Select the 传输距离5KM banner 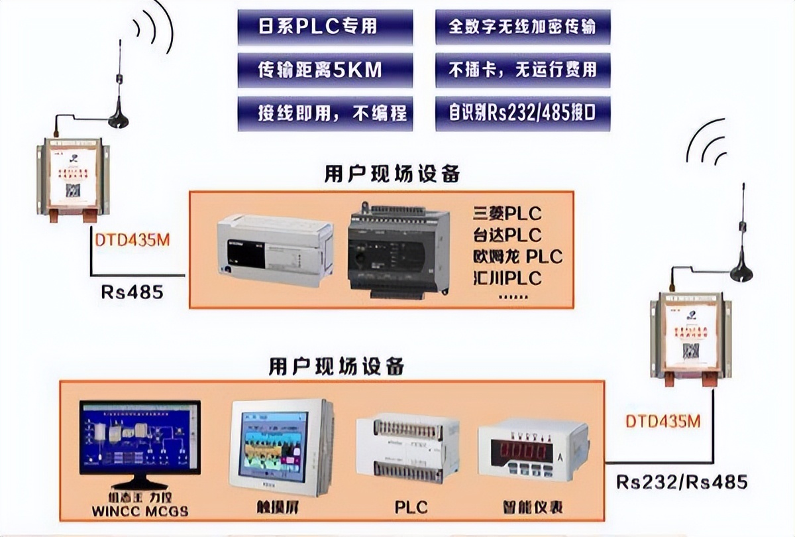click(x=324, y=70)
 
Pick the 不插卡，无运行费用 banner click(x=523, y=70)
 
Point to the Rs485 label click(x=132, y=292)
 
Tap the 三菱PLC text click(x=507, y=213)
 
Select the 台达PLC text click(x=507, y=235)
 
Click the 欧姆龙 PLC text click(x=517, y=256)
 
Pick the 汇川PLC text click(x=507, y=277)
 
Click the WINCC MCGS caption click(x=140, y=511)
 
